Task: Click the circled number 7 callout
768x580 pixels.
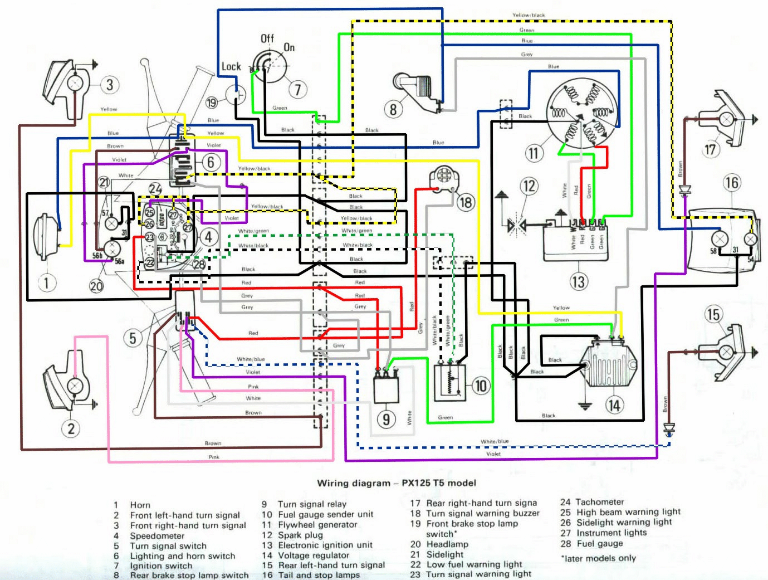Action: click(x=298, y=89)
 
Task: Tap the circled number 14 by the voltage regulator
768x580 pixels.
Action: click(x=614, y=405)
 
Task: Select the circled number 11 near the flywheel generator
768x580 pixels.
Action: click(x=534, y=153)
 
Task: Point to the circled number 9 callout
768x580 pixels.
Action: click(x=386, y=419)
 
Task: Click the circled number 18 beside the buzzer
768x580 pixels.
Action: click(x=466, y=202)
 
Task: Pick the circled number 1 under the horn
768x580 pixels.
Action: click(x=46, y=282)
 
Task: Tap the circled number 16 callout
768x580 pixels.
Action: click(x=731, y=183)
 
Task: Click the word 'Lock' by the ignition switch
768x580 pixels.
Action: click(x=231, y=67)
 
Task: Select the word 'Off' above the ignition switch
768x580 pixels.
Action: click(x=267, y=38)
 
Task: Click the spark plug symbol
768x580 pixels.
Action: click(x=516, y=225)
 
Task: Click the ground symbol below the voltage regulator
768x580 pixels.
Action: click(x=584, y=405)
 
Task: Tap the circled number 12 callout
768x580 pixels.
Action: click(x=529, y=186)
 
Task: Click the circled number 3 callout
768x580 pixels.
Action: click(x=110, y=85)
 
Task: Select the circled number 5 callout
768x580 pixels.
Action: click(x=133, y=338)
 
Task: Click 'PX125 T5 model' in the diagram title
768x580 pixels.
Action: click(x=439, y=483)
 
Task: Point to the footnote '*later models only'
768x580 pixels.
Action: click(x=598, y=558)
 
